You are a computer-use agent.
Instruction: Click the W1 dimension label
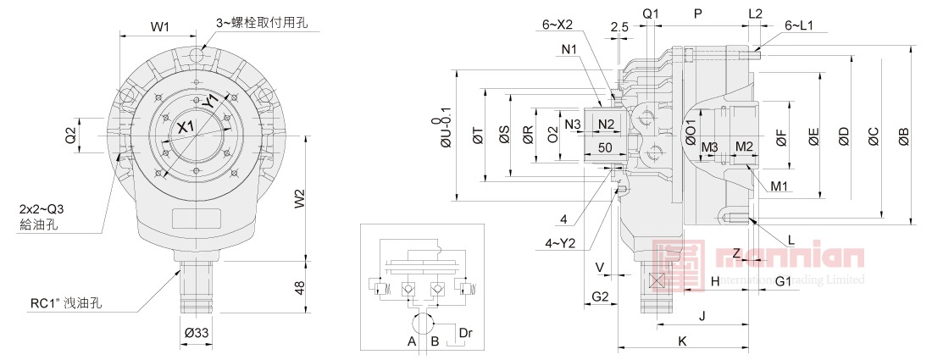pos(160,27)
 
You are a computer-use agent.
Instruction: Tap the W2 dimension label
pos(300,199)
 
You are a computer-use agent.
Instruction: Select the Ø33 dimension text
pos(196,332)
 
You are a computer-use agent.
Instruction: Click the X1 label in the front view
pos(186,127)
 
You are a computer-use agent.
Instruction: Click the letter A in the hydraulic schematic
pos(411,341)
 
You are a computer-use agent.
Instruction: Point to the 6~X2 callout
pos(558,25)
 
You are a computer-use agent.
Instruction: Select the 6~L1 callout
pos(799,25)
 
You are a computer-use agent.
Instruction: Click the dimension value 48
pos(299,288)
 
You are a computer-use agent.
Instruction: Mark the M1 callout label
pos(779,186)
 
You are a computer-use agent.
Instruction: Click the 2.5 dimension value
pos(619,27)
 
